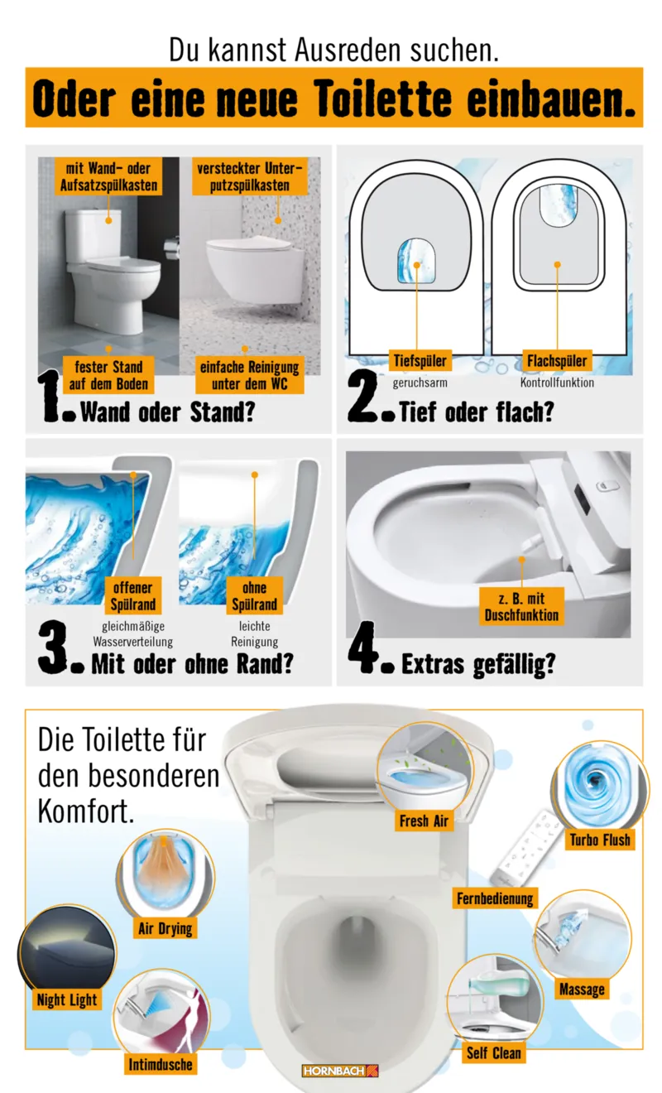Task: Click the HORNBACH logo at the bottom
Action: pyautogui.click(x=339, y=1071)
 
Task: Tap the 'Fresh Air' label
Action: pyautogui.click(x=425, y=821)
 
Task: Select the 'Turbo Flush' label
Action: pyautogui.click(x=600, y=840)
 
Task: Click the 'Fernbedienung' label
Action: pyautogui.click(x=496, y=898)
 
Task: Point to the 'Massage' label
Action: pyautogui.click(x=582, y=989)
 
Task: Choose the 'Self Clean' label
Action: pyautogui.click(x=494, y=1053)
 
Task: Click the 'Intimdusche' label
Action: pyautogui.click(x=161, y=1064)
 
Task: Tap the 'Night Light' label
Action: pyautogui.click(x=67, y=1000)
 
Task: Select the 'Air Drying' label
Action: pyautogui.click(x=164, y=928)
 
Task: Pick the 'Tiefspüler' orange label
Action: pyautogui.click(x=418, y=361)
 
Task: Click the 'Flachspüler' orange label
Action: pyautogui.click(x=557, y=361)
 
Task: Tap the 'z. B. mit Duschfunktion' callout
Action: pyautogui.click(x=522, y=606)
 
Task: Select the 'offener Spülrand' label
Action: pyautogui.click(x=132, y=596)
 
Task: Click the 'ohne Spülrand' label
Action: pyautogui.click(x=254, y=596)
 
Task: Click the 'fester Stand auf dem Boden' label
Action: pyautogui.click(x=108, y=375)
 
